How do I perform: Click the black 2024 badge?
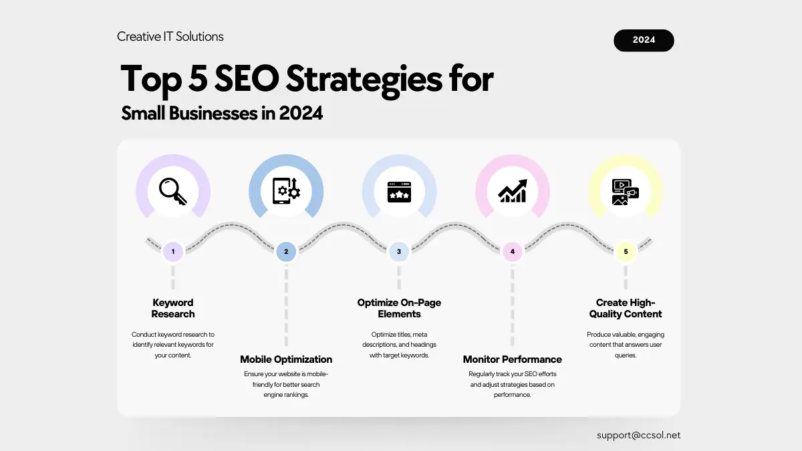644,40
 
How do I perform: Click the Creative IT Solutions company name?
170,37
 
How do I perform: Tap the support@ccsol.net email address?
638,435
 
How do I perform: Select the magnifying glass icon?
173,192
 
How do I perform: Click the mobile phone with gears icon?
286,191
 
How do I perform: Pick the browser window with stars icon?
399,192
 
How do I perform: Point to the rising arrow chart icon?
513,191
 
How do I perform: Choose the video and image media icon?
626,192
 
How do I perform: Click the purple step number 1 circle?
173,252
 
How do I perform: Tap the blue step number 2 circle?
286,252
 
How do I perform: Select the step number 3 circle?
399,252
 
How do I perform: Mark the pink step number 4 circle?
513,252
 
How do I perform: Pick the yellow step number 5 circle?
626,252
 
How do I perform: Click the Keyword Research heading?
173,308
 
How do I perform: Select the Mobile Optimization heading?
286,359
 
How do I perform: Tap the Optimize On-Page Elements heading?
399,308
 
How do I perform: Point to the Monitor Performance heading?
513,359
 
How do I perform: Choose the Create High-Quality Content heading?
626,308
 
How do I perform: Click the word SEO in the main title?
247,78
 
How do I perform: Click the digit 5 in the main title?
198,78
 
